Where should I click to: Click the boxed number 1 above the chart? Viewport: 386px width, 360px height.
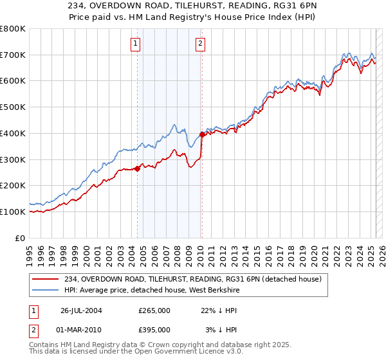136,44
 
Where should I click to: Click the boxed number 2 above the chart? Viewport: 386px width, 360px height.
201,44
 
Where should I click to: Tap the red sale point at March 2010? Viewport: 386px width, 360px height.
201,134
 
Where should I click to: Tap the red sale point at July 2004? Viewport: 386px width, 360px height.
138,168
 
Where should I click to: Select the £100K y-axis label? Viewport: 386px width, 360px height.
13,212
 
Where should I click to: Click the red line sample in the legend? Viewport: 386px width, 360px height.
46,278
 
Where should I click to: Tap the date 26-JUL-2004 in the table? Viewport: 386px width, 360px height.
82,310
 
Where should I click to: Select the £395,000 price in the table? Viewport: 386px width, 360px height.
154,329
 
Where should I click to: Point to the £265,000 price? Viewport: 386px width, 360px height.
154,310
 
